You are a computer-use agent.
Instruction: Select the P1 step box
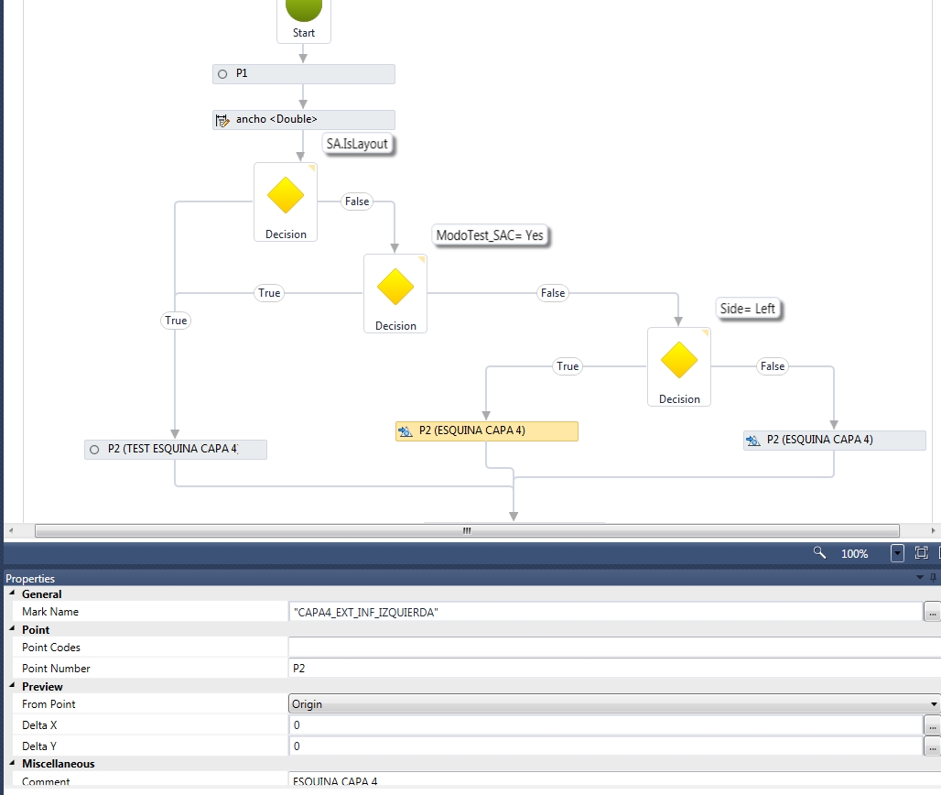(303, 73)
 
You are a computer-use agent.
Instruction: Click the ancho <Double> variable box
(303, 120)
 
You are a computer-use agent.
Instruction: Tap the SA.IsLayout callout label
(357, 144)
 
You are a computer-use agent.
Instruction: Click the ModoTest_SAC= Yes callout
(490, 235)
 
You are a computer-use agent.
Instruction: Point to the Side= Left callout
(747, 309)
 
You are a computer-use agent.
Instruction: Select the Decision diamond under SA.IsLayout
(286, 196)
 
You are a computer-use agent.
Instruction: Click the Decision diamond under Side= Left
(679, 360)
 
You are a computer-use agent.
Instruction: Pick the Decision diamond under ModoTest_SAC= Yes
(395, 287)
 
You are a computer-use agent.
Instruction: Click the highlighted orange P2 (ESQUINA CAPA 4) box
(486, 430)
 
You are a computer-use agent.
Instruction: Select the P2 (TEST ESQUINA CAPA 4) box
(175, 449)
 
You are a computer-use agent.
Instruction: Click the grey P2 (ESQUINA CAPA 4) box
(834, 440)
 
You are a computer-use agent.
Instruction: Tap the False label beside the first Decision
(357, 201)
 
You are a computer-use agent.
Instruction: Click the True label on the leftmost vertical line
(176, 321)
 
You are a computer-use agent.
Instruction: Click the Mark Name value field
(604, 612)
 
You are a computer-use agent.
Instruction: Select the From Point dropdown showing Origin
(613, 704)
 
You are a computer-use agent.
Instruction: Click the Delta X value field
(604, 725)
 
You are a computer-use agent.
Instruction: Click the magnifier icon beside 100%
(820, 553)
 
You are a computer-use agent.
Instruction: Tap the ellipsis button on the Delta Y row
(932, 746)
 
